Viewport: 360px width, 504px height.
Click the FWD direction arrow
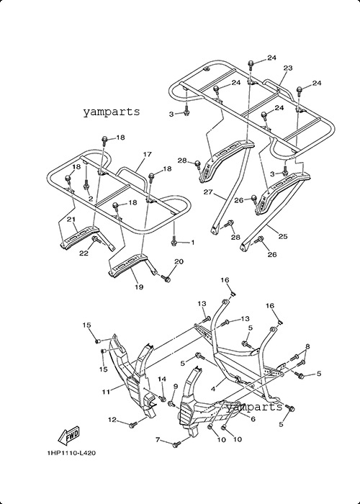pyautogui.click(x=69, y=436)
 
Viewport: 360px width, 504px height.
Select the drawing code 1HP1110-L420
pyautogui.click(x=71, y=453)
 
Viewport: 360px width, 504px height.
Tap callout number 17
pyautogui.click(x=147, y=154)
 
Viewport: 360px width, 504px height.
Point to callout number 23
pyautogui.click(x=288, y=68)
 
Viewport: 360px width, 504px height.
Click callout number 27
pyautogui.click(x=208, y=192)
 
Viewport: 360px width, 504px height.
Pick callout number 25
pyautogui.click(x=283, y=237)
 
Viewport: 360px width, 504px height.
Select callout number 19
pyautogui.click(x=139, y=287)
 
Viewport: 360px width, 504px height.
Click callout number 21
pyautogui.click(x=71, y=219)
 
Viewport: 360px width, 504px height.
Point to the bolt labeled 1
pyautogui.click(x=174, y=240)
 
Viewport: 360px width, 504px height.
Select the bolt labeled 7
pyautogui.click(x=176, y=445)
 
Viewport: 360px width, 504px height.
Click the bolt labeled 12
pyautogui.click(x=132, y=426)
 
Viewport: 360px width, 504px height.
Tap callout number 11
pyautogui.click(x=106, y=392)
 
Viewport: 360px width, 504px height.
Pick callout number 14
pyautogui.click(x=162, y=379)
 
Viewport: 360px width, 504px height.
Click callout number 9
pyautogui.click(x=176, y=386)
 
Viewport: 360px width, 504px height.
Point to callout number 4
pyautogui.click(x=213, y=390)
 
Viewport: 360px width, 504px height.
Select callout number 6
pyautogui.click(x=253, y=419)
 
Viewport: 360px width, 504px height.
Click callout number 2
pyautogui.click(x=91, y=199)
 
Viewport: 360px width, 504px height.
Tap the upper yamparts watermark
pyautogui.click(x=112, y=112)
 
